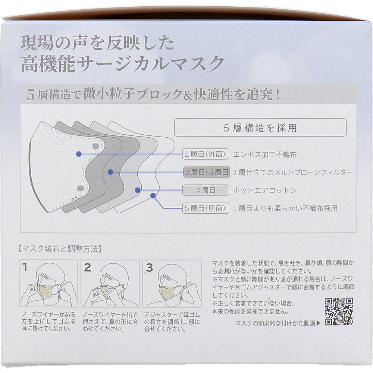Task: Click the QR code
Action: pyautogui.click(x=339, y=311)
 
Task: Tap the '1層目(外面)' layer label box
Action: pyautogui.click(x=206, y=154)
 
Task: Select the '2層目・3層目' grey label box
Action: pyautogui.click(x=207, y=172)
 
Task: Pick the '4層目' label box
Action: pyautogui.click(x=206, y=190)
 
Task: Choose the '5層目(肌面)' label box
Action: pyautogui.click(x=206, y=208)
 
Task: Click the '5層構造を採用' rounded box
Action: pyautogui.click(x=260, y=128)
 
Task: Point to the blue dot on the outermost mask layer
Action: pyautogui.click(x=79, y=154)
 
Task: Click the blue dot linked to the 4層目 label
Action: pyautogui.click(x=138, y=190)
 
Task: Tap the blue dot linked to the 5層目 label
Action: pyautogui.click(x=153, y=196)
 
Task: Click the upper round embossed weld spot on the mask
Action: pyautogui.click(x=95, y=146)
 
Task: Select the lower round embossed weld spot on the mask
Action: pyautogui.click(x=81, y=188)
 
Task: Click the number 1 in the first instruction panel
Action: pyautogui.click(x=25, y=267)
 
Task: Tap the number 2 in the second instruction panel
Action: pyautogui.click(x=87, y=267)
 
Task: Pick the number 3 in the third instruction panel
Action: pyautogui.click(x=150, y=267)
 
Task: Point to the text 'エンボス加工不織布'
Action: pyautogui.click(x=265, y=155)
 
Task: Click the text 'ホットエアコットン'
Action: pyautogui.click(x=265, y=190)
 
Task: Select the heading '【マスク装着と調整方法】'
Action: pyautogui.click(x=60, y=249)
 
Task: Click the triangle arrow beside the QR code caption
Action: pyautogui.click(x=319, y=323)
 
